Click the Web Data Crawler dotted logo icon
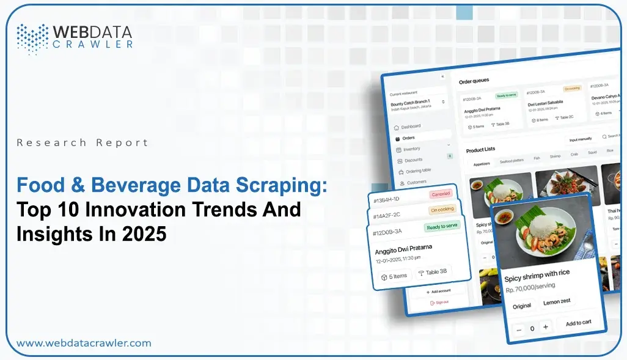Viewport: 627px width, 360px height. point(32,37)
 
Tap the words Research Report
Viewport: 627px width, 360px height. point(82,142)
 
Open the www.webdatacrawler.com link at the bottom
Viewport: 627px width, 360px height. point(84,343)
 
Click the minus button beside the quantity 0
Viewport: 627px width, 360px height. point(519,329)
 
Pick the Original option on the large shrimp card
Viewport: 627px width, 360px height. point(521,306)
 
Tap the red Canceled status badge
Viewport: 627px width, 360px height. point(440,194)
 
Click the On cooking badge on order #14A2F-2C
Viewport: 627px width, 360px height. point(442,210)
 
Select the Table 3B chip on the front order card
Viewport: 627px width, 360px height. point(434,272)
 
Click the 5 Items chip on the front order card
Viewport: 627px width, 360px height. point(394,276)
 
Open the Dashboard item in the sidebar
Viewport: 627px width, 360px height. point(410,127)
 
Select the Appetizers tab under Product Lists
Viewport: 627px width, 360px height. point(481,163)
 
